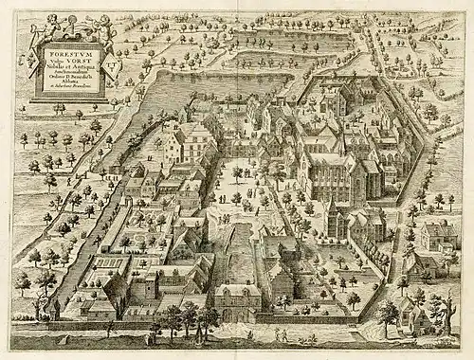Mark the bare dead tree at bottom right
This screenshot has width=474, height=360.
[x=439, y=308]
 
